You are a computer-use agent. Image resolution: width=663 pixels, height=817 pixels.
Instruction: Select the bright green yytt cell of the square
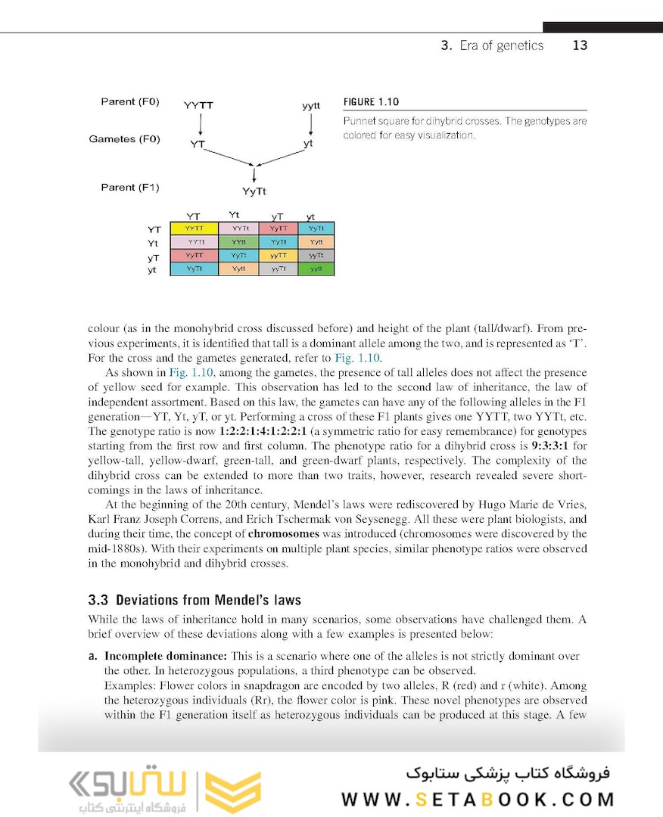[316, 269]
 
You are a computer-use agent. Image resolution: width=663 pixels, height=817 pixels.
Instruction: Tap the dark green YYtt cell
[238, 242]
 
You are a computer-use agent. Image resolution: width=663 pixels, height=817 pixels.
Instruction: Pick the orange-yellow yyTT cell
[278, 256]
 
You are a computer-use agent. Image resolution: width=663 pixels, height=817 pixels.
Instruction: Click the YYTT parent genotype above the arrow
[198, 106]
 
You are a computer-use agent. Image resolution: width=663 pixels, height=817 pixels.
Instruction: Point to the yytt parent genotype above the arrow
[311, 106]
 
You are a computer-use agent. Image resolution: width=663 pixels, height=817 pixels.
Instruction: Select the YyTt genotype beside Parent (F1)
[254, 192]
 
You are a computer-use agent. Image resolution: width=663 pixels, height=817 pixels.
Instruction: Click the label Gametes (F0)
[124, 139]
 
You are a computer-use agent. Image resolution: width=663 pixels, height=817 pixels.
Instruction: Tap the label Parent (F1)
[129, 187]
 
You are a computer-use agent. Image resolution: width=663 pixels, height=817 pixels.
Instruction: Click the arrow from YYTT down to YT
[198, 123]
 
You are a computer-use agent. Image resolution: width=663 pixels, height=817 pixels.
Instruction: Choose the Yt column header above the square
[235, 215]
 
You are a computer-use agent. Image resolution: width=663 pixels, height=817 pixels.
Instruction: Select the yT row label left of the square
[153, 257]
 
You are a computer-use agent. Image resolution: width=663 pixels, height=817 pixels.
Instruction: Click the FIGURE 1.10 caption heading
[371, 102]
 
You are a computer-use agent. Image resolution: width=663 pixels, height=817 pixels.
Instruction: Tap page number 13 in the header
[580, 45]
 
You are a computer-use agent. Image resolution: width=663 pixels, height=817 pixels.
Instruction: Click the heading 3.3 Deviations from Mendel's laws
[195, 600]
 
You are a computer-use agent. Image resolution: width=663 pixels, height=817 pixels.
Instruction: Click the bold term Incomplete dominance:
[166, 656]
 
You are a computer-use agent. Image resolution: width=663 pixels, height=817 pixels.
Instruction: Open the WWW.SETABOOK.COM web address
[478, 800]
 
